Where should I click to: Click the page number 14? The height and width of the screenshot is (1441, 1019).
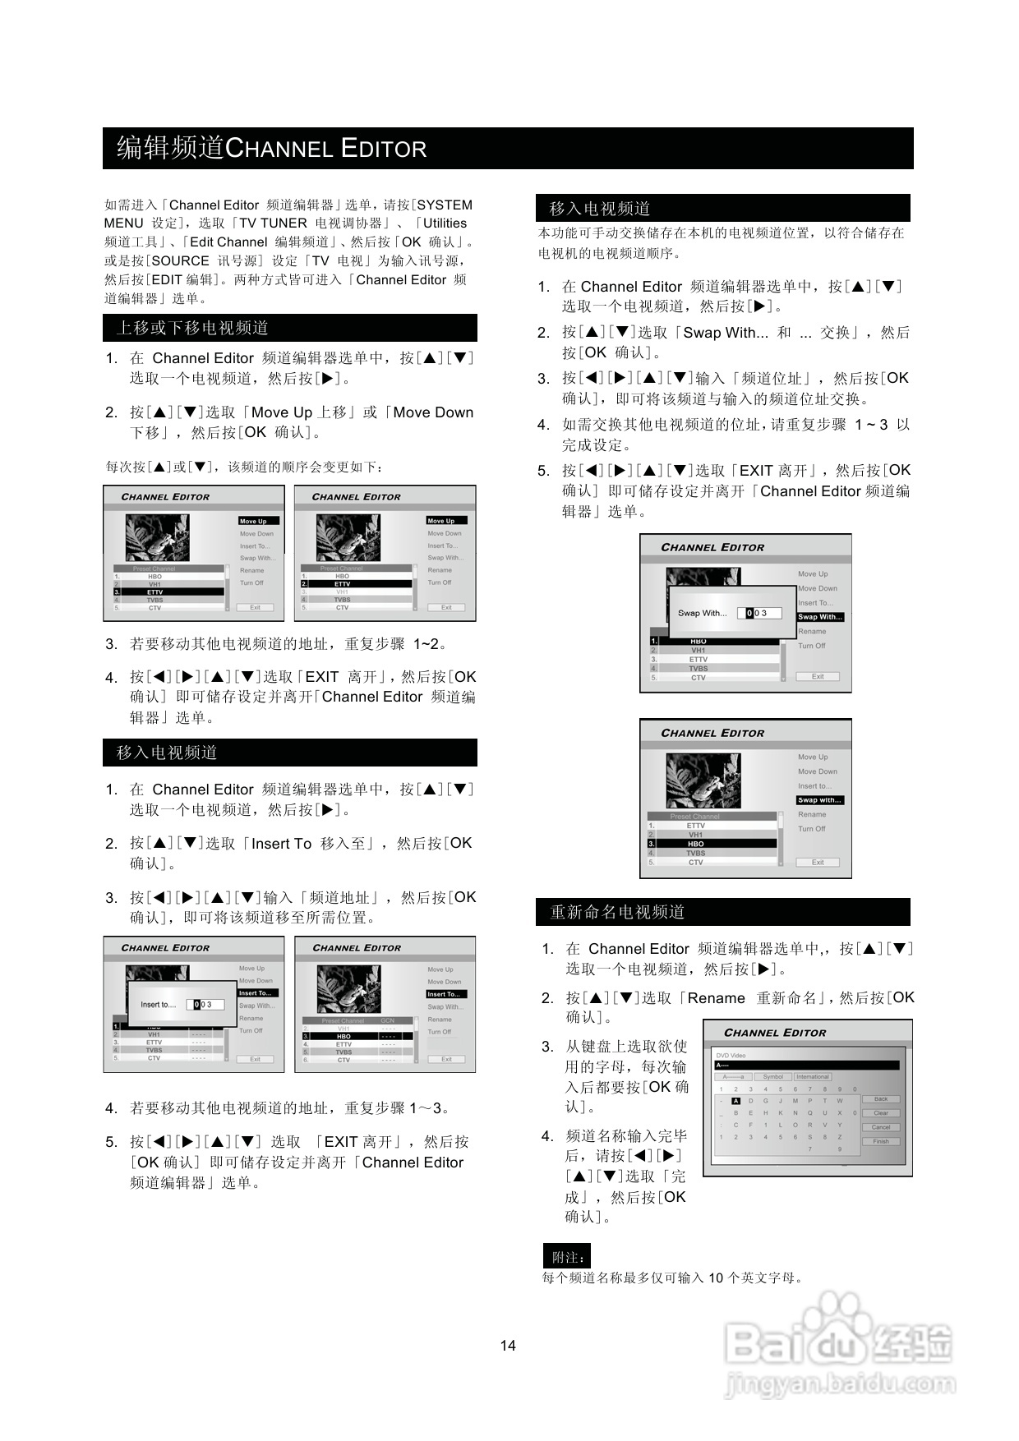tap(508, 1345)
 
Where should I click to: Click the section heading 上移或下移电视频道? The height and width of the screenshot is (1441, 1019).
tap(192, 328)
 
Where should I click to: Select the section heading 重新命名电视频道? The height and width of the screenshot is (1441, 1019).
tap(617, 912)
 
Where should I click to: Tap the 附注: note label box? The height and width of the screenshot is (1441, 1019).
tap(567, 1257)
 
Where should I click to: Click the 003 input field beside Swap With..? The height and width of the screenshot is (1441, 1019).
tap(758, 613)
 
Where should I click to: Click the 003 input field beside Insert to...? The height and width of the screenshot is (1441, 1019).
tap(205, 1004)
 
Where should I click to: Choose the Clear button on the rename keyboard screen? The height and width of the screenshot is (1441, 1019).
tap(881, 1113)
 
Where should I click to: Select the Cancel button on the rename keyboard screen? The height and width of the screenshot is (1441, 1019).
tap(881, 1127)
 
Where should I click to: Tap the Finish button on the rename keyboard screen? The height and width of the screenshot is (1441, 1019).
tap(881, 1141)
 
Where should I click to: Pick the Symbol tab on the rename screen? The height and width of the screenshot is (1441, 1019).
tap(772, 1076)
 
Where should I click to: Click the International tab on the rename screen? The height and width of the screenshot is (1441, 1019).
tap(812, 1076)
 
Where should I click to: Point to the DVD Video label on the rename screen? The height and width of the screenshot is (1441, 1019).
tap(731, 1056)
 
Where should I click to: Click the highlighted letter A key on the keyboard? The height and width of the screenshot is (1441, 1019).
tap(735, 1101)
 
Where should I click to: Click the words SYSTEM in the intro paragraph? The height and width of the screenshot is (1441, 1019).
tap(445, 205)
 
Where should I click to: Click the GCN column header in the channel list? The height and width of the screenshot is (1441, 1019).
tap(388, 1020)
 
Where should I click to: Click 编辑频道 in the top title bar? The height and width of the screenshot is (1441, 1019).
tap(170, 148)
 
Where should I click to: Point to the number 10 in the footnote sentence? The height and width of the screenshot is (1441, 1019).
tap(716, 1278)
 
